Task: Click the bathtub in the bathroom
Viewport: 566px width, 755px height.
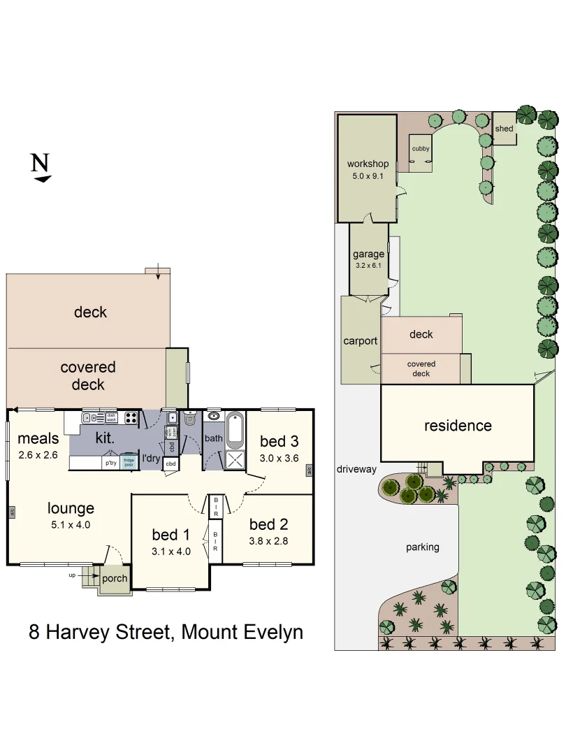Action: click(x=235, y=430)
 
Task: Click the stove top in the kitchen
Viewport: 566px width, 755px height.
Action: click(x=131, y=418)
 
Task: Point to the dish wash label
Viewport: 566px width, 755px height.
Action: click(x=110, y=418)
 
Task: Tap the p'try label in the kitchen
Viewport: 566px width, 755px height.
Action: click(x=110, y=462)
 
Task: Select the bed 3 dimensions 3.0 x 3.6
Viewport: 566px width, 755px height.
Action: click(x=279, y=458)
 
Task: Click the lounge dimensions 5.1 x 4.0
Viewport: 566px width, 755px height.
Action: click(x=70, y=524)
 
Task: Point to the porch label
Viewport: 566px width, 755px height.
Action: click(x=115, y=578)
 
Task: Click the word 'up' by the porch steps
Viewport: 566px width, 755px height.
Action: click(x=72, y=575)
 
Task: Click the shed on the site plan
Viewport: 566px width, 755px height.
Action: click(x=504, y=129)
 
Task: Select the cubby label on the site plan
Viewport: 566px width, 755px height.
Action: click(x=421, y=148)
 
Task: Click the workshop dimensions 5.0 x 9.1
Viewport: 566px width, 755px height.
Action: click(x=368, y=176)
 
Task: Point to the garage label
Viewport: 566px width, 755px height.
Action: click(x=368, y=254)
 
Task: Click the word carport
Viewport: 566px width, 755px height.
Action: click(x=360, y=341)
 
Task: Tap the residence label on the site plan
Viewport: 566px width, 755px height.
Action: click(x=458, y=425)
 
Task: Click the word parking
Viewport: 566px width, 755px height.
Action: click(x=422, y=547)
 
